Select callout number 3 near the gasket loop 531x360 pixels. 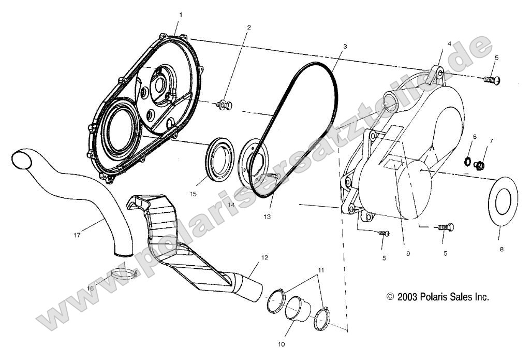pos(345,46)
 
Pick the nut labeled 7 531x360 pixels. pos(480,166)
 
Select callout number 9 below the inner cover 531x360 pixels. pos(408,254)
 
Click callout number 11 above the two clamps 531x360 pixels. pos(321,270)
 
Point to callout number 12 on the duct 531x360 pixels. pos(265,257)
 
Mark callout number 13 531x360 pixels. pos(267,215)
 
